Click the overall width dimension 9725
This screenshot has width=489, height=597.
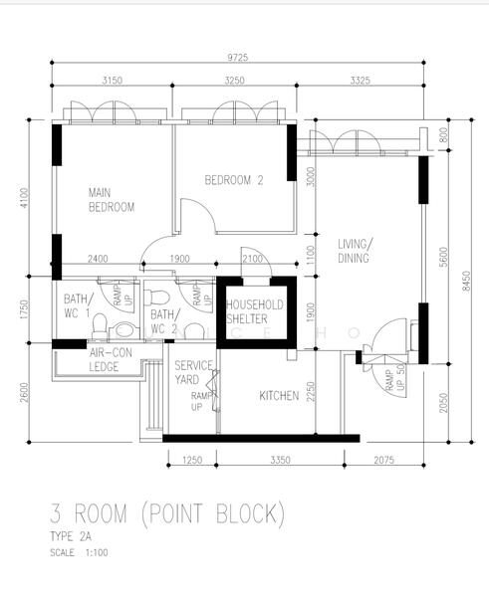click(237, 58)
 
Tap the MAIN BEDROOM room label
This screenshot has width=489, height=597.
click(112, 200)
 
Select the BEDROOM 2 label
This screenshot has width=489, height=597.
click(234, 180)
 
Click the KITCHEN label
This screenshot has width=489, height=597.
click(279, 396)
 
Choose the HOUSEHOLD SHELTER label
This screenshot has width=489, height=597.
click(255, 311)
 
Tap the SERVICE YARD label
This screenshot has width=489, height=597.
click(193, 373)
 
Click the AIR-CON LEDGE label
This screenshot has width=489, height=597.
click(111, 360)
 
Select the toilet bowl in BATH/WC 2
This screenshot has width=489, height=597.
click(157, 298)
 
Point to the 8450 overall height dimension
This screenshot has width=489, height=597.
click(466, 281)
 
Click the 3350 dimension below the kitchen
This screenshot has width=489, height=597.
click(280, 460)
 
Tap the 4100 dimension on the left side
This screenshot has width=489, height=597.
click(24, 198)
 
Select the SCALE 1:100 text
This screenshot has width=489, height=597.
click(79, 552)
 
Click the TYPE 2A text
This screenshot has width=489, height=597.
click(71, 536)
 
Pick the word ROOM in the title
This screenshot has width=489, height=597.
click(101, 513)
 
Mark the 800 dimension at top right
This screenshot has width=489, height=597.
click(443, 135)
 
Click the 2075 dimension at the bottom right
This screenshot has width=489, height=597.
click(383, 460)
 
